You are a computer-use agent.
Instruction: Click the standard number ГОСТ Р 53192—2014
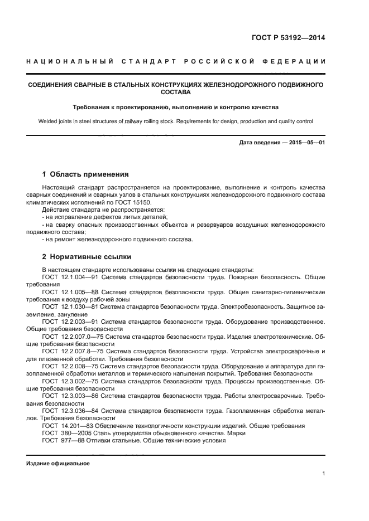tap(290, 38)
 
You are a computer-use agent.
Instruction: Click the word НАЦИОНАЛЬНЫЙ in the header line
tap(61, 61)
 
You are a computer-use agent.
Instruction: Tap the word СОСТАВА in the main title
tap(176, 92)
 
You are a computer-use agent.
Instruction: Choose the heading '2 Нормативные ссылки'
tap(87, 257)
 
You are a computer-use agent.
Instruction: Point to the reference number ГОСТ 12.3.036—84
tap(73, 411)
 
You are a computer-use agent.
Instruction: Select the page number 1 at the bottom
tap(323, 474)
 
